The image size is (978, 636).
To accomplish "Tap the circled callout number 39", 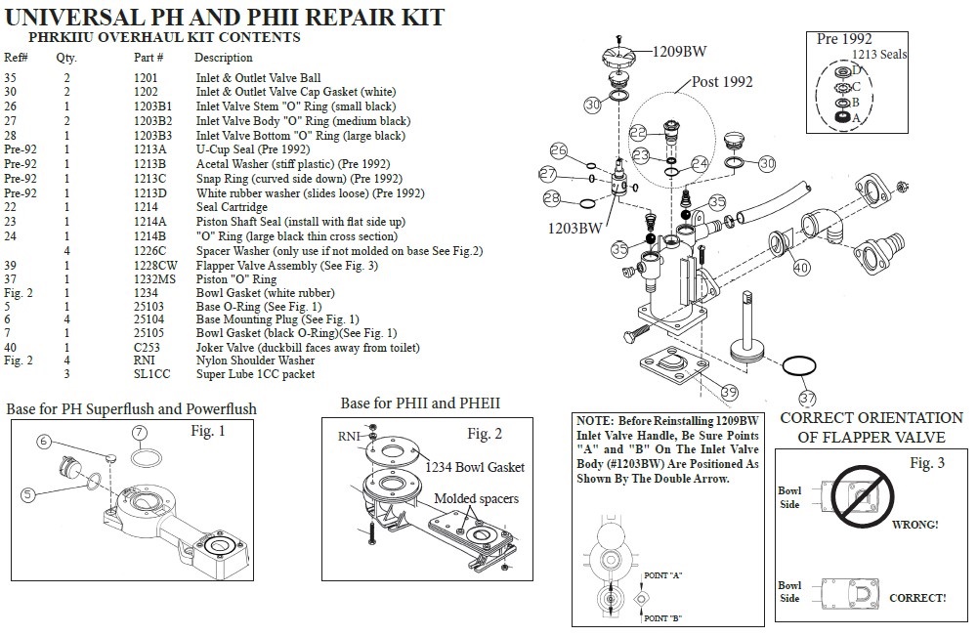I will [728, 392].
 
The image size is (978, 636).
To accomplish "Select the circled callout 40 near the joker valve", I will [801, 266].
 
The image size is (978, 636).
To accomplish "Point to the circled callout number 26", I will [559, 150].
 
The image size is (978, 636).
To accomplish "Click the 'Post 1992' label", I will [722, 82].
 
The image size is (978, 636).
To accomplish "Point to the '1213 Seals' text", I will [879, 55].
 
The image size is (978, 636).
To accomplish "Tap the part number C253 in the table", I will [148, 348].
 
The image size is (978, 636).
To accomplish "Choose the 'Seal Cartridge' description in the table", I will [232, 207].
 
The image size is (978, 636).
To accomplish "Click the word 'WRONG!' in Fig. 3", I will [914, 525].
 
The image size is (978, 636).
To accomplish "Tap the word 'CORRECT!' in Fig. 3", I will [917, 597].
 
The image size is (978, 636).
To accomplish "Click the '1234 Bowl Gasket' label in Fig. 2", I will [474, 467].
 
